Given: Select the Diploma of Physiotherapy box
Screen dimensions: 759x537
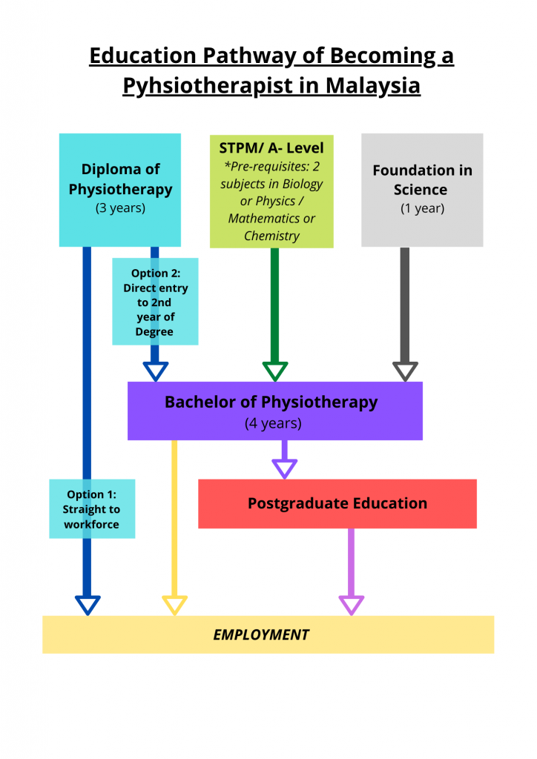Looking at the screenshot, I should (120, 189).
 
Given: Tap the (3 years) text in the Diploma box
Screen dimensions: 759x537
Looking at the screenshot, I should (120, 208).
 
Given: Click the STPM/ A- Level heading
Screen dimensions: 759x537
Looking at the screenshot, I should (271, 148).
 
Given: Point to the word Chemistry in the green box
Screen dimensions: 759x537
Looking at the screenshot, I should (271, 236).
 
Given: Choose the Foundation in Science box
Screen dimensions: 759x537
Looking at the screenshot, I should (422, 189).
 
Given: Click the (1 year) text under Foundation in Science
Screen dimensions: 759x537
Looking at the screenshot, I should (422, 208).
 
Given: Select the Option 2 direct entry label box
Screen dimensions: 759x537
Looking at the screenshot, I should (155, 302).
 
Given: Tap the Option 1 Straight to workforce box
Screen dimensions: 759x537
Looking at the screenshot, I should (91, 509).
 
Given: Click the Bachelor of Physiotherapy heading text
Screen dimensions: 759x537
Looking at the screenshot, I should (271, 402).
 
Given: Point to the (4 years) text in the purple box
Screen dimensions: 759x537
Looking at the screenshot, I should (273, 424).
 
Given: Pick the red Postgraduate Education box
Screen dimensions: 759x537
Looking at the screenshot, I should (337, 503).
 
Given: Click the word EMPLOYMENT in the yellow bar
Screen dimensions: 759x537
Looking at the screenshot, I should (261, 634).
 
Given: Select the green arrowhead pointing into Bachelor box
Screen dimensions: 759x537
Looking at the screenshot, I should (275, 371).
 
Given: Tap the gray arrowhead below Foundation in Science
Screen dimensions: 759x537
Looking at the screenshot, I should (405, 371).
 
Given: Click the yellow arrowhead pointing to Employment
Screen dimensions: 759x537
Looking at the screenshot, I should (174, 604).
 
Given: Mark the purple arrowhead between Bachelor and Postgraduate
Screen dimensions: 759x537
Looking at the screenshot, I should (284, 468).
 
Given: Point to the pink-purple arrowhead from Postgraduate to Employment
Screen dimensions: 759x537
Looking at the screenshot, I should (352, 604).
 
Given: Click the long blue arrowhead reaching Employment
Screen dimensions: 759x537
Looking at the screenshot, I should (88, 604).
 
